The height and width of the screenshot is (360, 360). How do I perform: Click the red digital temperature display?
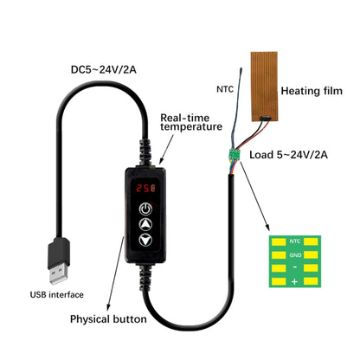click(x=145, y=188)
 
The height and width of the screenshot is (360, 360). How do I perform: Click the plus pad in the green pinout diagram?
click(x=294, y=282)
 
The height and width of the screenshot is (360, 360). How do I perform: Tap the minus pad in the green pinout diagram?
click(x=294, y=268)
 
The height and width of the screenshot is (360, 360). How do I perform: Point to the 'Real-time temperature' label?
click(x=191, y=121)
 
